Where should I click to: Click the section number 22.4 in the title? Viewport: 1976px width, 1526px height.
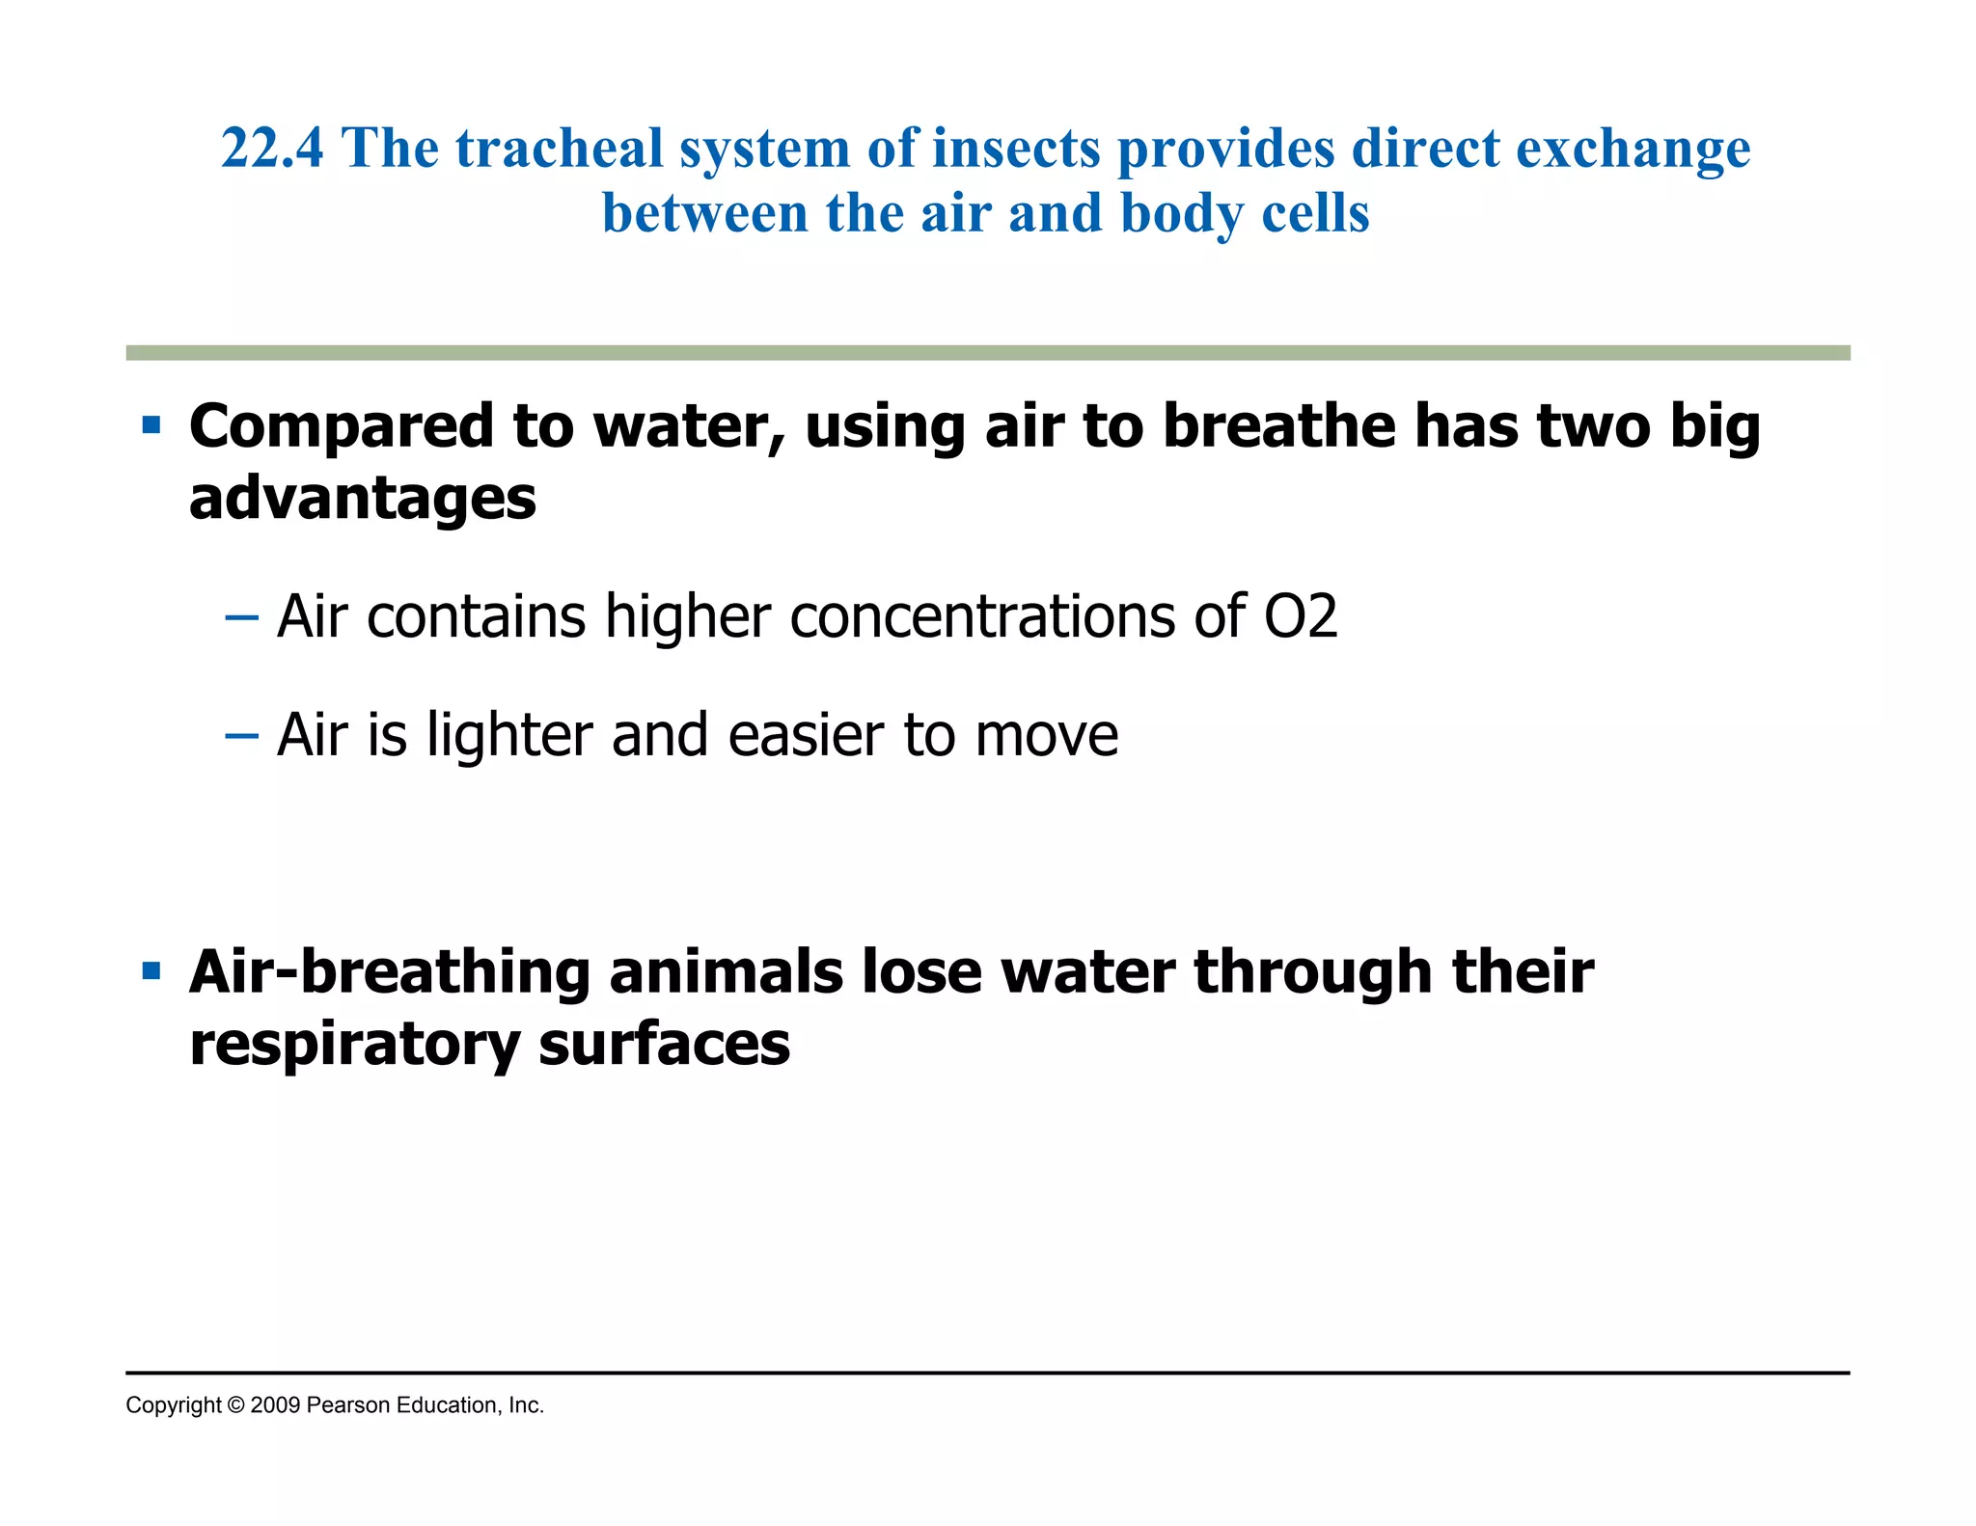point(272,150)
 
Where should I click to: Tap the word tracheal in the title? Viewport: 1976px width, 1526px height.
point(559,150)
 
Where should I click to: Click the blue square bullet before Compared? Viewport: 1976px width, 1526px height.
point(151,425)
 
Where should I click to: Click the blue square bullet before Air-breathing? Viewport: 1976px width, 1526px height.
point(151,970)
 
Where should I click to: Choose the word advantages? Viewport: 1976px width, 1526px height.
point(363,499)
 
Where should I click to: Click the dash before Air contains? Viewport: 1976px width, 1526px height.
point(241,617)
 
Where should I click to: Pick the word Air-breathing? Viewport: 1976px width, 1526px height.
point(390,972)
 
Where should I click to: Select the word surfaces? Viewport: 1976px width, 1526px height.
point(665,1045)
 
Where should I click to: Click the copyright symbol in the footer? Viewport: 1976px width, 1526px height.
point(235,1405)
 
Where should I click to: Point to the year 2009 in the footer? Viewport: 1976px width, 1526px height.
point(275,1405)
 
